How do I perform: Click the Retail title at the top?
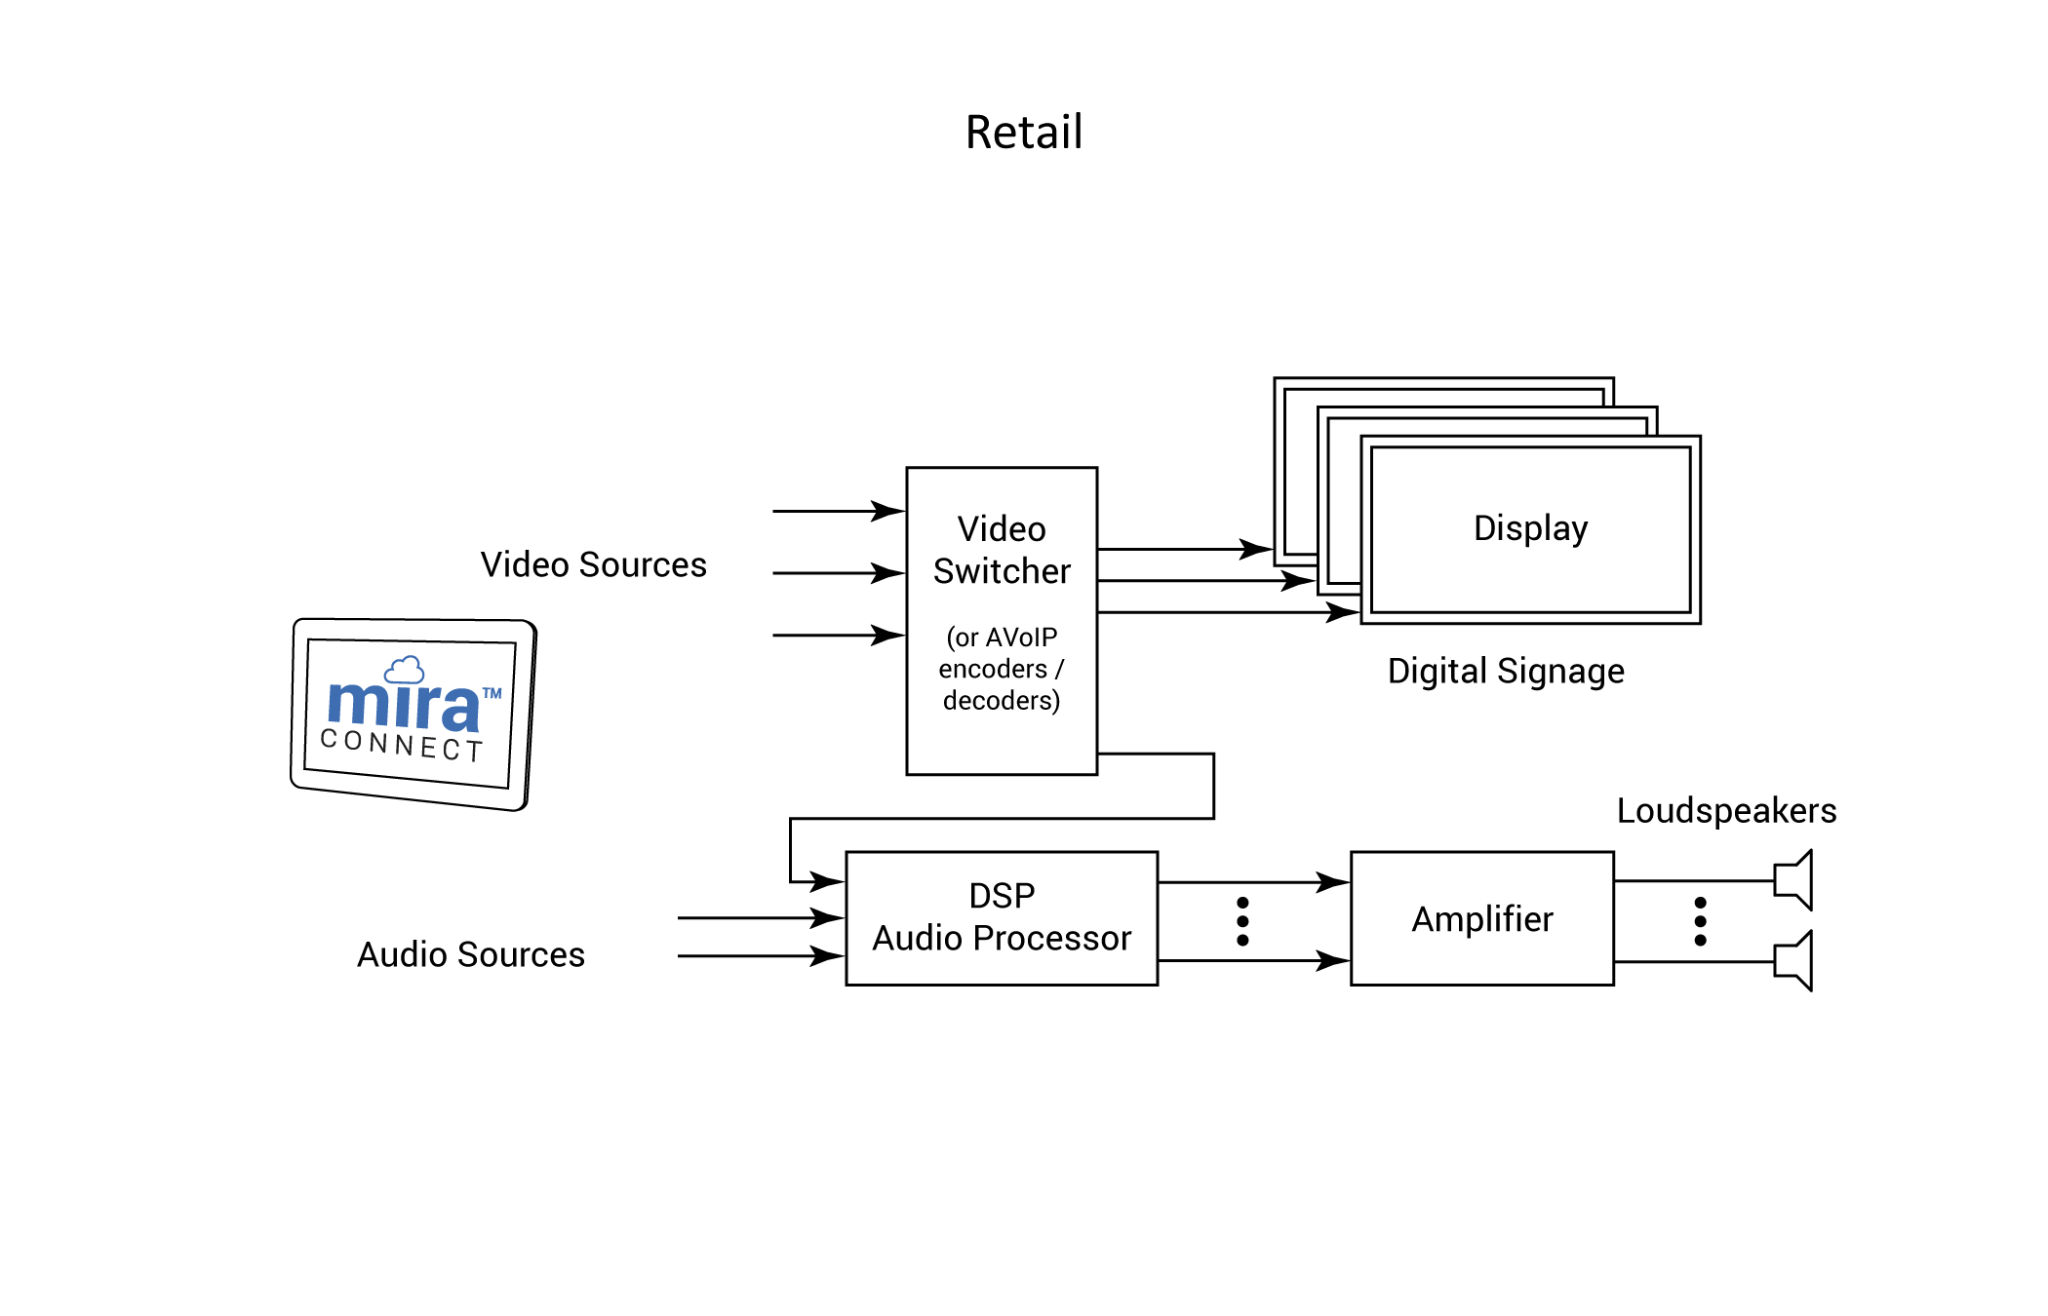click(x=1024, y=133)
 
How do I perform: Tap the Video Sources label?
click(x=593, y=565)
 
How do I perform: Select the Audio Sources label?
click(x=471, y=955)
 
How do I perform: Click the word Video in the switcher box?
click(x=1002, y=529)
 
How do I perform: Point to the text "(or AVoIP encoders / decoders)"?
click(x=1002, y=669)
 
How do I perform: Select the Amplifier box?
click(x=1481, y=918)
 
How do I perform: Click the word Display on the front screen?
click(x=1530, y=528)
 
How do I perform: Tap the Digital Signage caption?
click(x=1506, y=672)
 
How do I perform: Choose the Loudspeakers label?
click(x=1726, y=811)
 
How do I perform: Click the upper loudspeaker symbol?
click(x=1794, y=880)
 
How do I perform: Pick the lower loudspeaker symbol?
click(x=1794, y=961)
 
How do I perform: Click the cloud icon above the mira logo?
click(x=404, y=670)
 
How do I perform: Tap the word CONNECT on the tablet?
click(x=402, y=745)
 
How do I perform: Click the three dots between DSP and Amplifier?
click(x=1242, y=921)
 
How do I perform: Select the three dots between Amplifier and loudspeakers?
click(x=1701, y=921)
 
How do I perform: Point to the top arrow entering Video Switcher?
click(x=839, y=511)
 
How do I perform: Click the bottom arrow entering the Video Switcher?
click(x=839, y=636)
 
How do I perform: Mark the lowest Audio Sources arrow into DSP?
click(x=761, y=956)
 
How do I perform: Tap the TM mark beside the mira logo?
click(x=492, y=694)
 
